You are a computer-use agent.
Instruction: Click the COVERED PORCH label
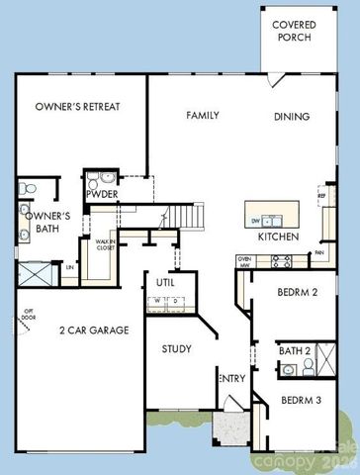point(295,30)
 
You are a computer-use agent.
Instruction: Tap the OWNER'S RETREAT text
point(77,107)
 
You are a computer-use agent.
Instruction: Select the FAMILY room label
point(203,116)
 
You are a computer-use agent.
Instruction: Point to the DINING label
point(292,117)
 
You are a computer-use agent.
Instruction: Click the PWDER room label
point(102,194)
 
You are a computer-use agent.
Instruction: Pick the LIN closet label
point(70,267)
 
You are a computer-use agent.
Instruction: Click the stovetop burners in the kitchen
point(283,261)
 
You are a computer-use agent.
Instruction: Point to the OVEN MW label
point(244,261)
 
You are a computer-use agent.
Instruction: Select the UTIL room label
point(164,283)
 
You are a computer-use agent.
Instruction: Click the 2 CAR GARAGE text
point(93,330)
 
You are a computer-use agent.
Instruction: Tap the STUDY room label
point(177,349)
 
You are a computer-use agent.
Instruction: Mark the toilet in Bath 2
point(309,367)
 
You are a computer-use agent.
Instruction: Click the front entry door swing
point(232,404)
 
